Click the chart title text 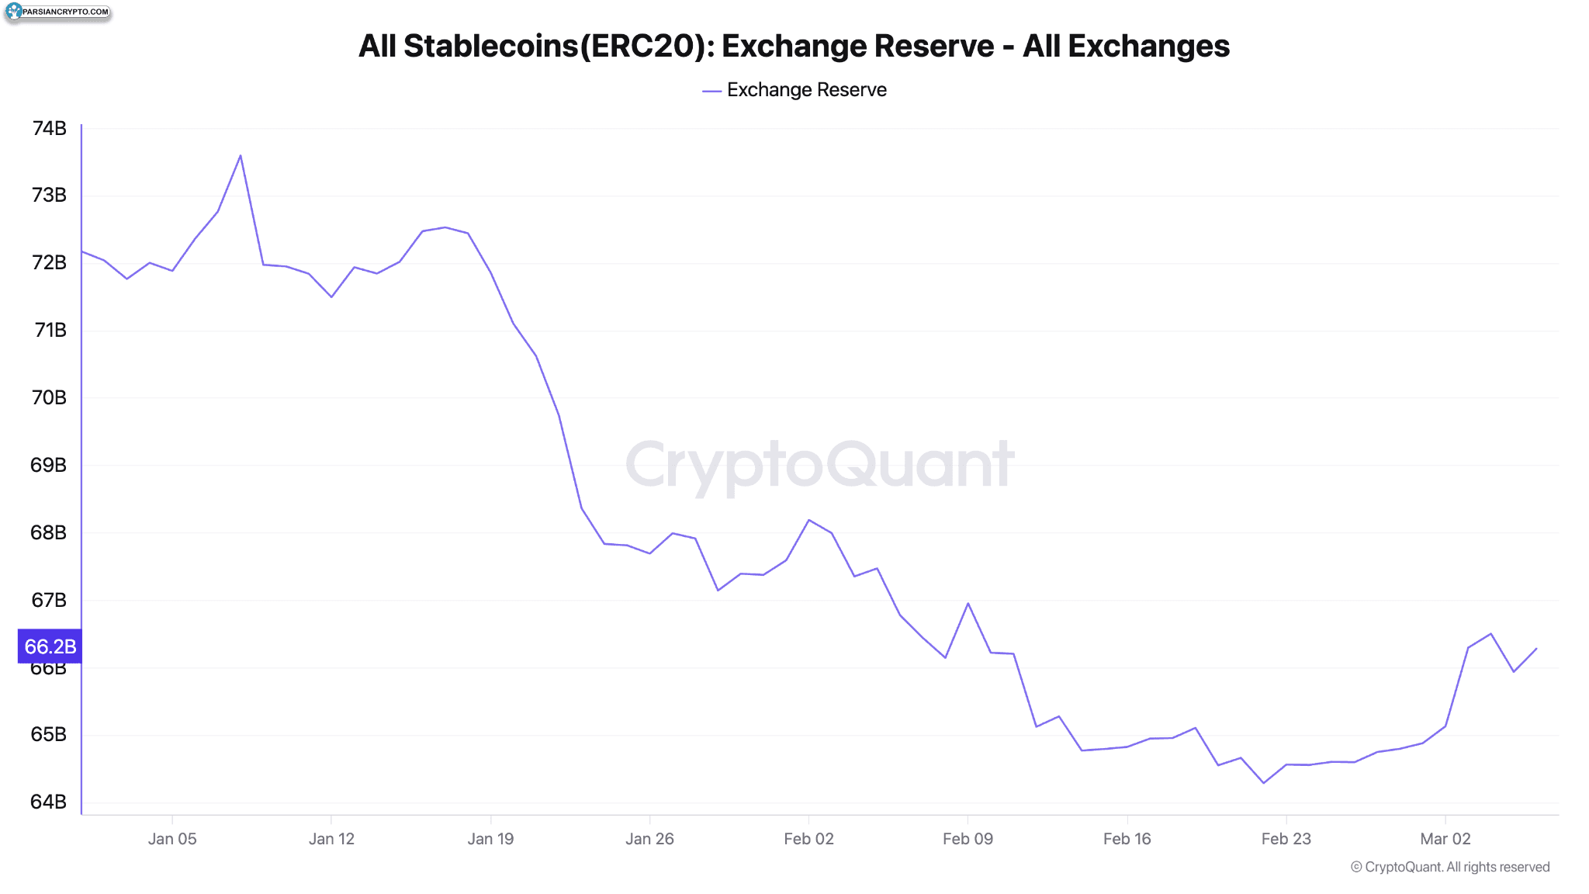(794, 46)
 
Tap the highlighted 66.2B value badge (50, 646)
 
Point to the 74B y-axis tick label (49, 128)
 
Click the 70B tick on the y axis (49, 397)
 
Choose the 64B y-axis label (49, 802)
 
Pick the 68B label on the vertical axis (49, 532)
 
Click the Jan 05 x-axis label (172, 839)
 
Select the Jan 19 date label (490, 839)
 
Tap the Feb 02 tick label (808, 839)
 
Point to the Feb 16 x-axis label (1127, 839)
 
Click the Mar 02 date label (1445, 839)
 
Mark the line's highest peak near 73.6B (241, 155)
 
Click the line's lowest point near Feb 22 (1263, 783)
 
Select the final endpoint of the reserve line (1536, 649)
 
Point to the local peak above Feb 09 (968, 603)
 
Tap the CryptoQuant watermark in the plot (819, 465)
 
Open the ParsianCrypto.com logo (57, 12)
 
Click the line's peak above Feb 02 (808, 520)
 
